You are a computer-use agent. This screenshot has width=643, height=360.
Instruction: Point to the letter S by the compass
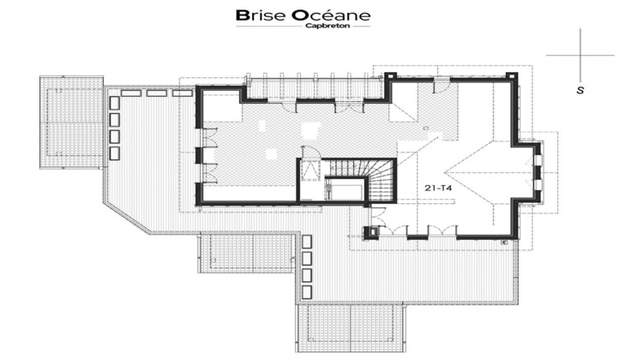(x=581, y=89)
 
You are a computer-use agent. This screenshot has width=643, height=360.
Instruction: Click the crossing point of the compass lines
(x=581, y=55)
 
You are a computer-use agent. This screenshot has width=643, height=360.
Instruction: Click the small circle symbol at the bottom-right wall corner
(x=505, y=243)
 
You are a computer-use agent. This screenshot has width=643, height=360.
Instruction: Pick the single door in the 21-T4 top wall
(x=443, y=84)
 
